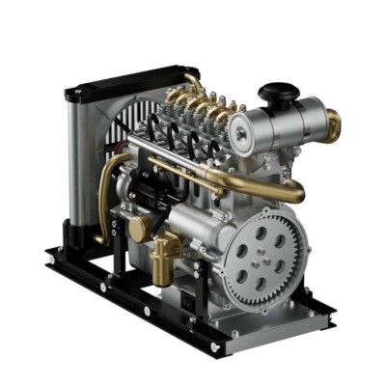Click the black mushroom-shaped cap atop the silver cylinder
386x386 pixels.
tap(278, 95)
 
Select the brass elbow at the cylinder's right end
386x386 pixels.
tap(332, 123)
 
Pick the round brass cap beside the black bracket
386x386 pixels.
tap(141, 229)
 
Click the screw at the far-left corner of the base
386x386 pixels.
tap(51, 254)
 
